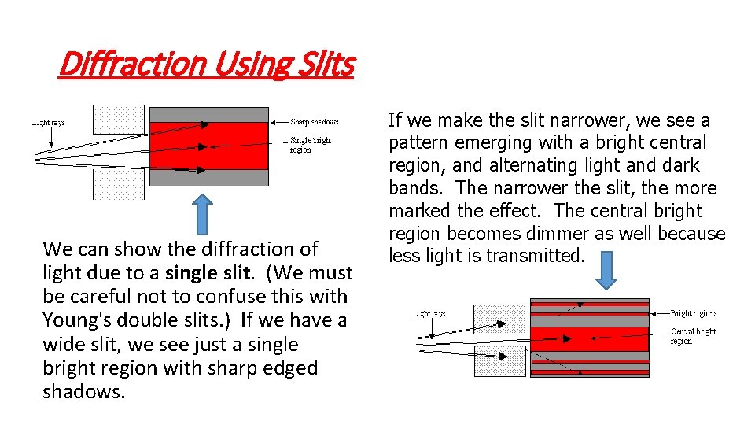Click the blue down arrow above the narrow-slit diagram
pyautogui.click(x=607, y=272)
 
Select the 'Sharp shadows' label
pyautogui.click(x=315, y=122)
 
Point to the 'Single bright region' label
pyautogui.click(x=311, y=145)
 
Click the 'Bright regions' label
pyautogui.click(x=693, y=313)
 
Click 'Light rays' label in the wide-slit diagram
pyautogui.click(x=49, y=122)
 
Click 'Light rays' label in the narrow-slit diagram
pyautogui.click(x=430, y=313)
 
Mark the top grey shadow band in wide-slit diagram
pyautogui.click(x=208, y=114)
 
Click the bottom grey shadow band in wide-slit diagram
pyautogui.click(x=208, y=177)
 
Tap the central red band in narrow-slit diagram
pyautogui.click(x=590, y=338)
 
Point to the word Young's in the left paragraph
pyautogui.click(x=75, y=320)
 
